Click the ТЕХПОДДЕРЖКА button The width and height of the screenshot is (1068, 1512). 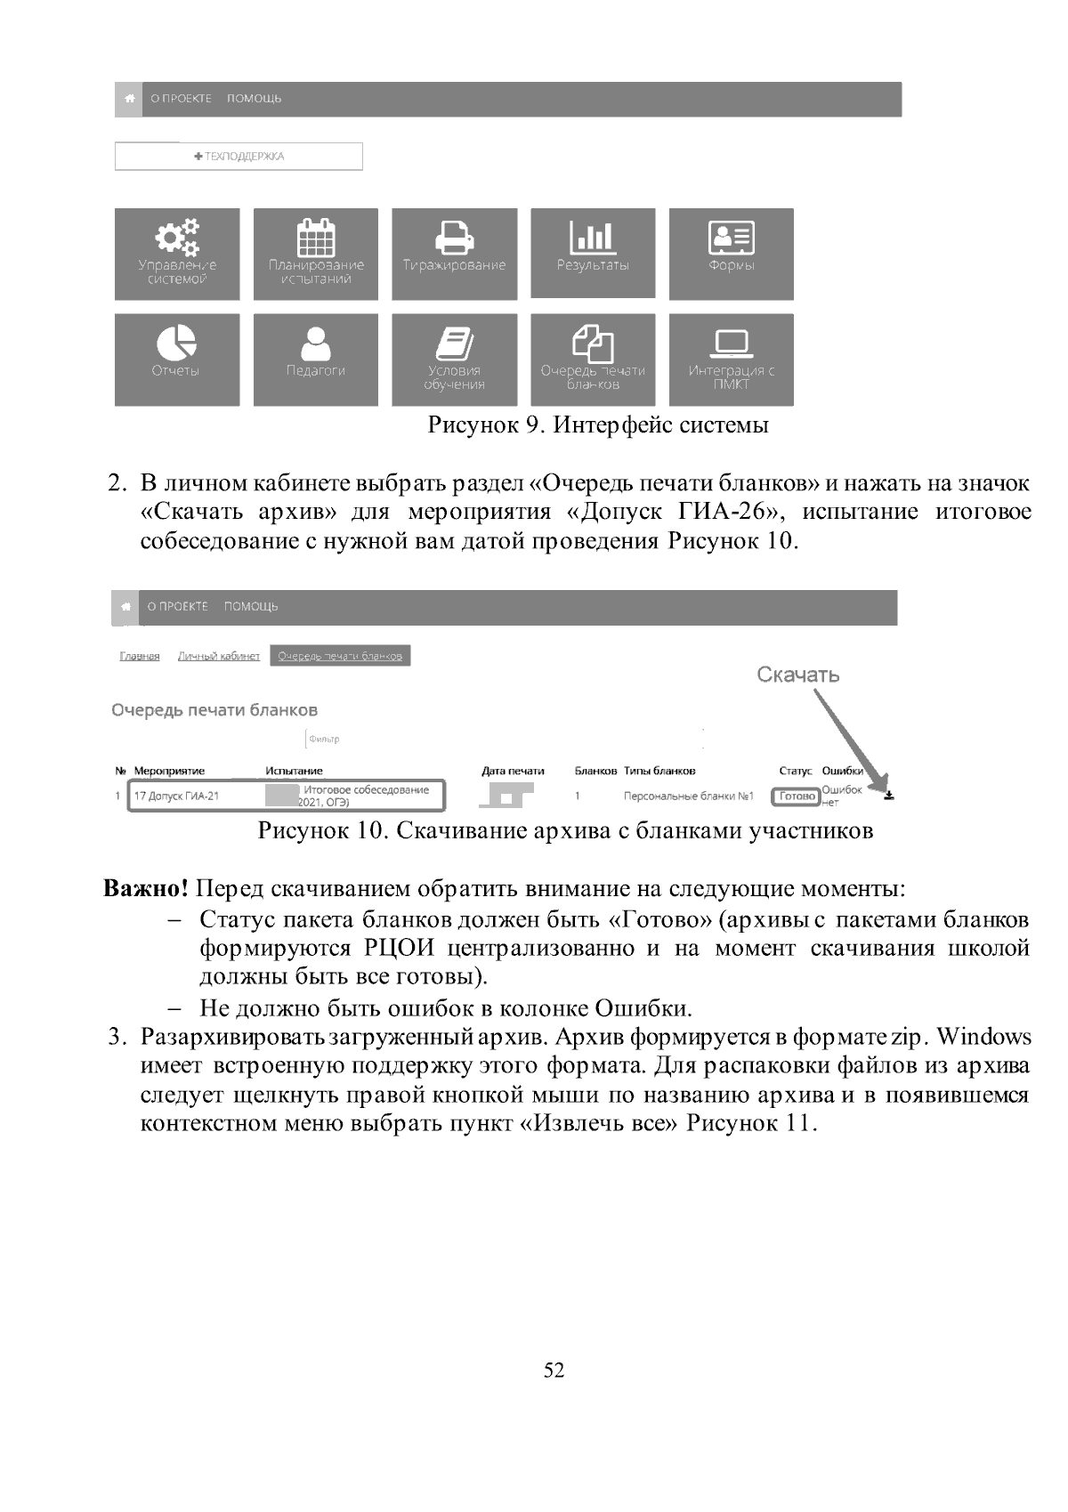point(239,157)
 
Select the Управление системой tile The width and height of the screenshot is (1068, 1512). point(177,255)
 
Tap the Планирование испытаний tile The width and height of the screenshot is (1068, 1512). point(316,255)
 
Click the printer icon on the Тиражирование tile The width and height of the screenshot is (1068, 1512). point(454,236)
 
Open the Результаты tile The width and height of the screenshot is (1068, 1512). point(593,254)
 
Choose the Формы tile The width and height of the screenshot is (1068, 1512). point(732,255)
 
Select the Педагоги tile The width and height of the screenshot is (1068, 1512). point(316,360)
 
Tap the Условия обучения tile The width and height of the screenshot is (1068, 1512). point(454,360)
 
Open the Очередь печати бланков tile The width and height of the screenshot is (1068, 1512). point(593,360)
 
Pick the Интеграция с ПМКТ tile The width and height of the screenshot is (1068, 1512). point(732,360)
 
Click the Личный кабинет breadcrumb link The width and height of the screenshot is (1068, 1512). point(219,657)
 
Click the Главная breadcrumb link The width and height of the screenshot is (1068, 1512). point(140,657)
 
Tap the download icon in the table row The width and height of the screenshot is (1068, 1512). point(888,796)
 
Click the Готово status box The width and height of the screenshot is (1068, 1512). point(797,796)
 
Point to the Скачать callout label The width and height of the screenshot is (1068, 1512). point(798,675)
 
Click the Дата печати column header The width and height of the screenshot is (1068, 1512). point(513,772)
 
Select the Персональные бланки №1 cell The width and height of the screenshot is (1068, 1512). point(689,796)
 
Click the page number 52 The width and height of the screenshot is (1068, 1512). point(554,1371)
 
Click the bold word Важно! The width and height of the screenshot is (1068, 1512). point(147,889)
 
